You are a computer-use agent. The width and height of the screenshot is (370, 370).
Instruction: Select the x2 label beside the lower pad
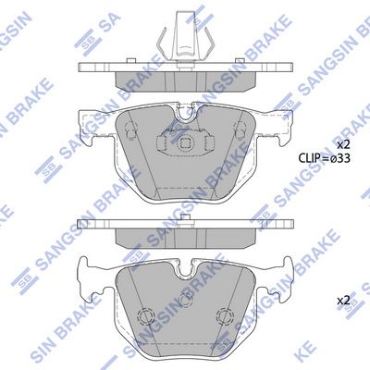pos(343,300)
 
